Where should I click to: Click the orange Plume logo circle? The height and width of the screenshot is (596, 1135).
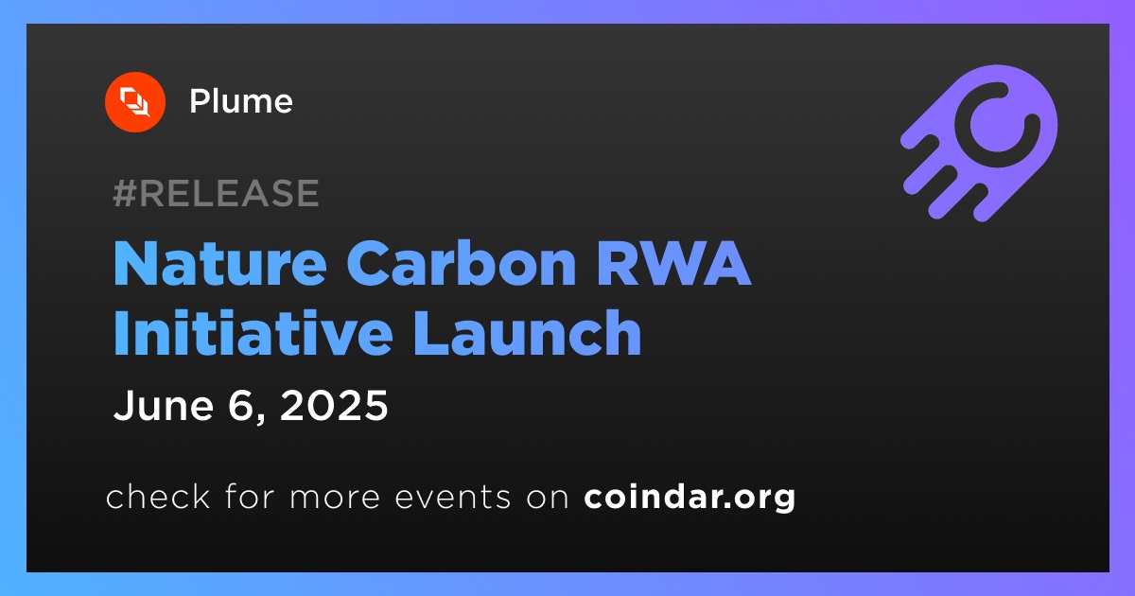pyautogui.click(x=135, y=102)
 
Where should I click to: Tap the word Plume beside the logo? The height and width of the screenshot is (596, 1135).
pyautogui.click(x=241, y=101)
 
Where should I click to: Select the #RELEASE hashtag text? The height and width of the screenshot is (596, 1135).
pyautogui.click(x=216, y=193)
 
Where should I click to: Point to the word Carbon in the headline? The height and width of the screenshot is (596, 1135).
pyautogui.click(x=462, y=264)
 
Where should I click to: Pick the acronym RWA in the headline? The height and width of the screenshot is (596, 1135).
pyautogui.click(x=673, y=264)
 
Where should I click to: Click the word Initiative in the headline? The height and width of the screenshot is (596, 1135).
pyautogui.click(x=253, y=332)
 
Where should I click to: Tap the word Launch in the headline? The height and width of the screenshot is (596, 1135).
pyautogui.click(x=528, y=332)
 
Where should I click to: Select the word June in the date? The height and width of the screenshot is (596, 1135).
pyautogui.click(x=164, y=405)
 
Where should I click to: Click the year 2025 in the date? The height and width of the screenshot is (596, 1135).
pyautogui.click(x=334, y=405)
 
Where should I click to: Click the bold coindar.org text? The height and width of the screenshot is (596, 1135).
pyautogui.click(x=690, y=498)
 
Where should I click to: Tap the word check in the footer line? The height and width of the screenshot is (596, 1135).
pyautogui.click(x=158, y=496)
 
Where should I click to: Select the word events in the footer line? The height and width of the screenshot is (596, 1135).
pyautogui.click(x=453, y=498)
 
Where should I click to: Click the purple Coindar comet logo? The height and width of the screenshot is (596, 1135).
pyautogui.click(x=979, y=143)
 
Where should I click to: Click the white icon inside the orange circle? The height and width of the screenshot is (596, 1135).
pyautogui.click(x=135, y=102)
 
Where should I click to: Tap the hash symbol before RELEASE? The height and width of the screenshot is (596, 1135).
pyautogui.click(x=124, y=193)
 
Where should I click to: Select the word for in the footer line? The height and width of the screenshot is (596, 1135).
pyautogui.click(x=250, y=496)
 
